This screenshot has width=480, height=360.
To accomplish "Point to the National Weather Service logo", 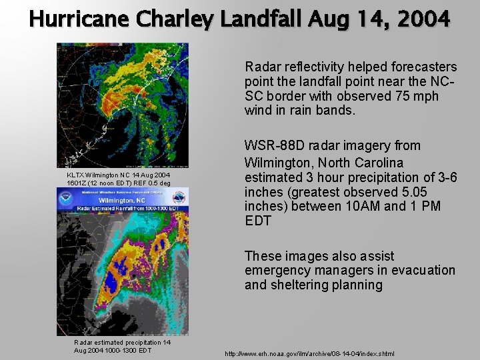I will [x=178, y=199].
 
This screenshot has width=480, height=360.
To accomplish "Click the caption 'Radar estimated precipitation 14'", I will [x=122, y=343].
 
